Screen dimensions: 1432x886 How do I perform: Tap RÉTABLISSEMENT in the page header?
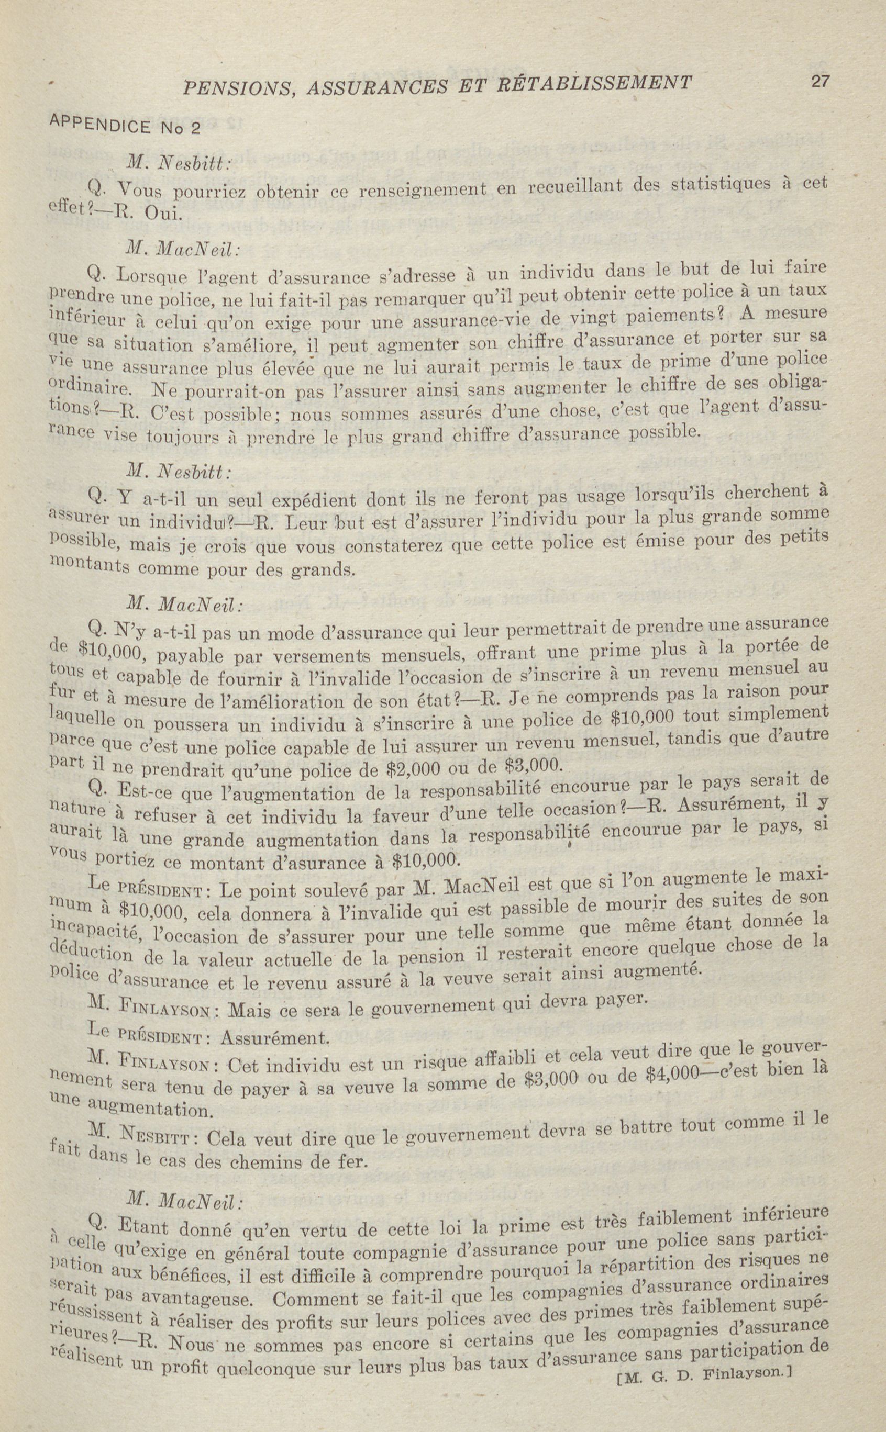pyautogui.click(x=594, y=83)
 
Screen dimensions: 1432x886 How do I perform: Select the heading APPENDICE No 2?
pyautogui.click(x=125, y=124)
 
